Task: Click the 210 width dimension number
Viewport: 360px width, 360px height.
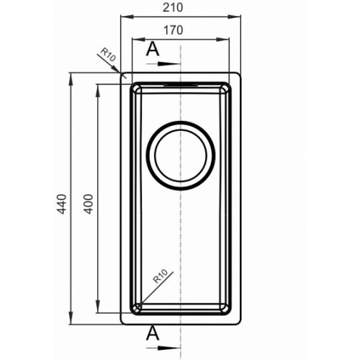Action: pyautogui.click(x=173, y=7)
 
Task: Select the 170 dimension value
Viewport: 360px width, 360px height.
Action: pyautogui.click(x=174, y=30)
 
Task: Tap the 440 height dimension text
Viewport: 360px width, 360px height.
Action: pyautogui.click(x=62, y=204)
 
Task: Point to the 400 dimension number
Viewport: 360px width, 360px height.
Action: pyautogui.click(x=89, y=204)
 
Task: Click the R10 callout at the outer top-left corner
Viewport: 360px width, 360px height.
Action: pyautogui.click(x=108, y=55)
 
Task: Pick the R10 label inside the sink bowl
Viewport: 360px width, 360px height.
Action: pyautogui.click(x=160, y=276)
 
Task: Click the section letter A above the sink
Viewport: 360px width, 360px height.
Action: pyautogui.click(x=153, y=49)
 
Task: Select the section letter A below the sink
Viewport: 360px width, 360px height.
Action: pyautogui.click(x=153, y=333)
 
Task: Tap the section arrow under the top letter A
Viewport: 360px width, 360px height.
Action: pyautogui.click(x=163, y=64)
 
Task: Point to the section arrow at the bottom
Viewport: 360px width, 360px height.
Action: pyautogui.click(x=163, y=348)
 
